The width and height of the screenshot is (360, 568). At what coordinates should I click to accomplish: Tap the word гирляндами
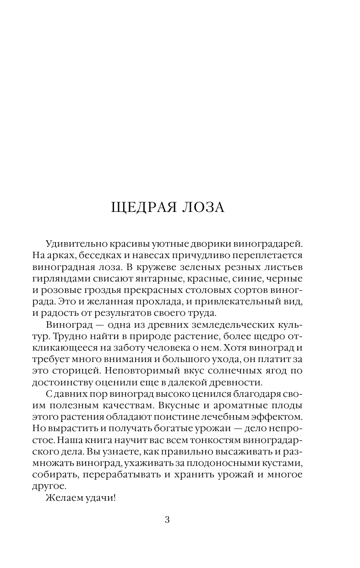coord(59,279)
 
